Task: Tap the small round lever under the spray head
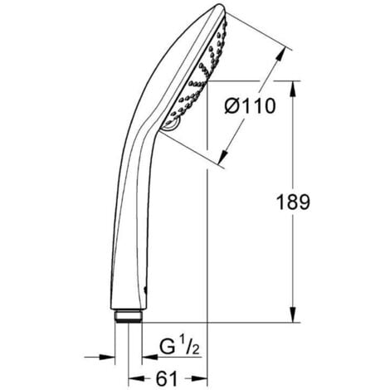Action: [172, 125]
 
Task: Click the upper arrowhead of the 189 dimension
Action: [295, 84]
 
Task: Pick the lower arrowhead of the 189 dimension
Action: [295, 318]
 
